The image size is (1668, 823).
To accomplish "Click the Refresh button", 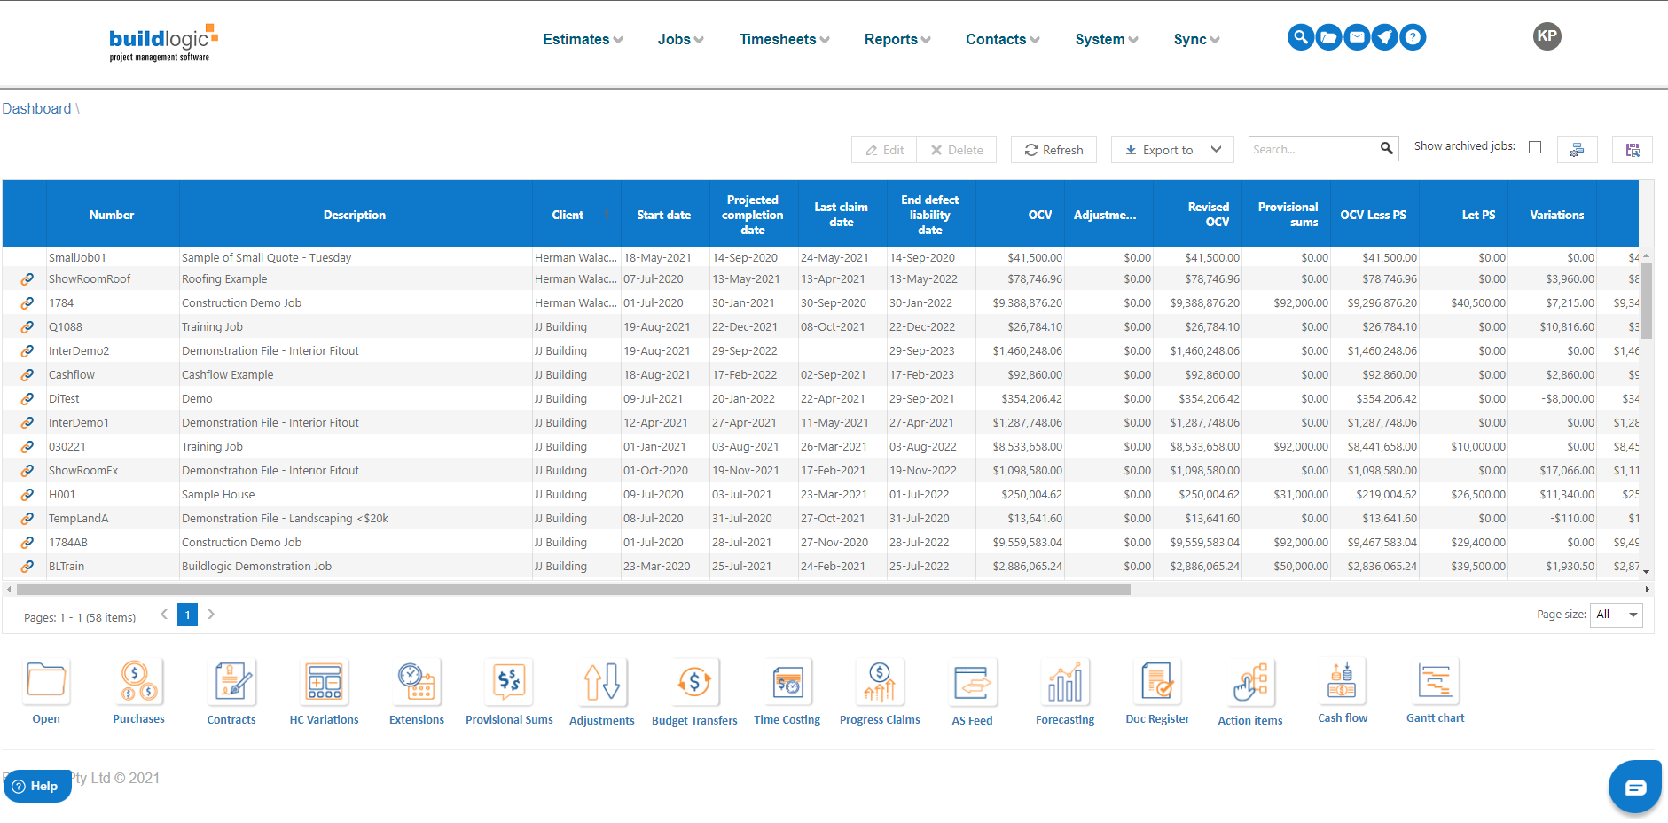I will [x=1053, y=150].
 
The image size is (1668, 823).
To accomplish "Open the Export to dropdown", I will [x=1172, y=150].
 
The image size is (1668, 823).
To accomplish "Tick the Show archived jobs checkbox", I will [x=1535, y=147].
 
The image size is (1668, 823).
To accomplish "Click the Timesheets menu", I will [x=784, y=39].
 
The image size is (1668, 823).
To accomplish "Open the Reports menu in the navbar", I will [x=897, y=39].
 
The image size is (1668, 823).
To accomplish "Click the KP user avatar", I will [x=1547, y=36].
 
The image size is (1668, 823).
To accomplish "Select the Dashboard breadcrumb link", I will [x=36, y=108].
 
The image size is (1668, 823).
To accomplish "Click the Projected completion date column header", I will [x=752, y=215].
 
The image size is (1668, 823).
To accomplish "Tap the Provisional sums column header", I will [x=1288, y=215].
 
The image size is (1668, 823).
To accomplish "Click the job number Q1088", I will [x=66, y=327].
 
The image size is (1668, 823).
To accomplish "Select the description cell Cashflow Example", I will [x=227, y=375].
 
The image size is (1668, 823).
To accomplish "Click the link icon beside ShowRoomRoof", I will [x=27, y=279].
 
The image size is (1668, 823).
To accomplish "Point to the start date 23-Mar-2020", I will [x=656, y=567].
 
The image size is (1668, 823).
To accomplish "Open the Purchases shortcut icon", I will [x=138, y=682].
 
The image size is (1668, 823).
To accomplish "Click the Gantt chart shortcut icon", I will [x=1435, y=682].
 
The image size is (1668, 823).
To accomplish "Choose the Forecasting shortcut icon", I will [x=1064, y=682].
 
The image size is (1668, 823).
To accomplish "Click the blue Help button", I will [x=36, y=786].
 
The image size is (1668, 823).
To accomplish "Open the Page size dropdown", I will [x=1618, y=615].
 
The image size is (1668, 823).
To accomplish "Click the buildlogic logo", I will [x=162, y=42].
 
